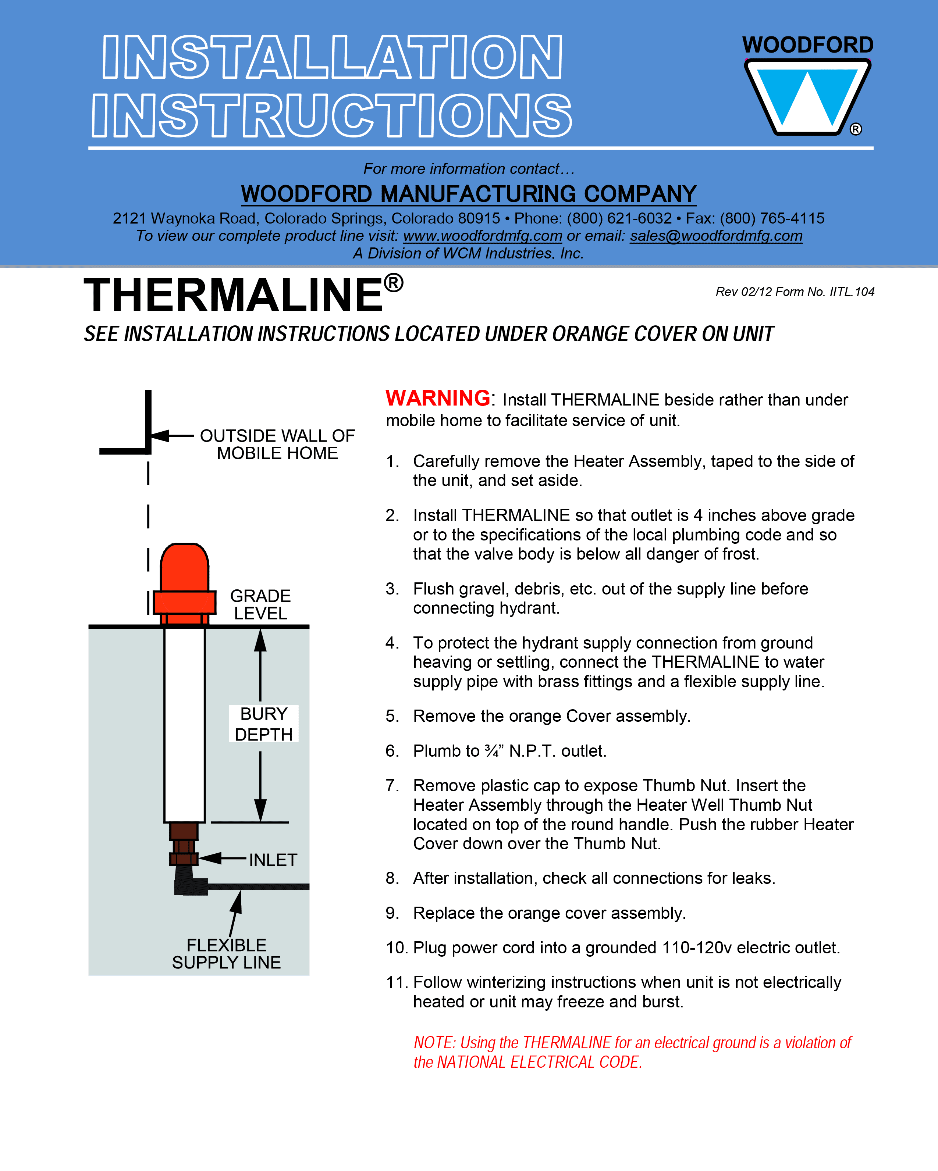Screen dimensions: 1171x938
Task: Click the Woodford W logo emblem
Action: tap(807, 97)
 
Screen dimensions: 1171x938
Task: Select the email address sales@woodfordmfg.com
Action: tap(716, 236)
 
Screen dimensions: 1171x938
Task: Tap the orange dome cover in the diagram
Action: tap(184, 568)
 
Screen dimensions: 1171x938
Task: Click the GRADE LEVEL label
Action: tap(260, 604)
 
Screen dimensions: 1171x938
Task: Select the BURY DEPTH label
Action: tap(264, 724)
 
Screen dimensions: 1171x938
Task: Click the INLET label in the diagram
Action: tap(273, 860)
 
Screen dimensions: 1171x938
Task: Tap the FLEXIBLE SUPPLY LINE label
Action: tap(226, 954)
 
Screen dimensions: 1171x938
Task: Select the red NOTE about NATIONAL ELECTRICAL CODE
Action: tap(632, 1052)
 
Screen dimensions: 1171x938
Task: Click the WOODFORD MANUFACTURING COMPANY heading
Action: tap(469, 194)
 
